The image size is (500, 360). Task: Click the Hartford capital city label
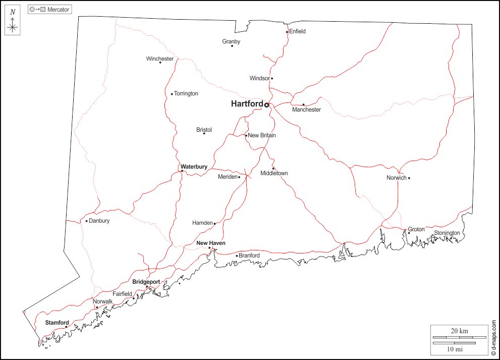coord(247,104)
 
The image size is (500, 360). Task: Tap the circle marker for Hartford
coord(267,105)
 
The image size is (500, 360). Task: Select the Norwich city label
coord(396,178)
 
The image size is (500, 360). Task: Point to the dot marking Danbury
coord(87,221)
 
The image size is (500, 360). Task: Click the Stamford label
coord(57,323)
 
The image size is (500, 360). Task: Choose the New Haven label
coord(211,243)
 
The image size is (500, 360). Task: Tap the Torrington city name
coord(186,94)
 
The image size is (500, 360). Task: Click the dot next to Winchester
coord(160,62)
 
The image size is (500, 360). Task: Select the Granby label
coord(231,41)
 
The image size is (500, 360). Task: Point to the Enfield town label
coord(297,31)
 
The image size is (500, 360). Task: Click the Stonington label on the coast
coord(447,233)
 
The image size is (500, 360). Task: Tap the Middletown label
coord(274,174)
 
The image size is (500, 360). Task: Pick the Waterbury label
coord(194,167)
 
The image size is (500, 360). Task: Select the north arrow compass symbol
coord(13,23)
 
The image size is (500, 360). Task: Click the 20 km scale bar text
coord(459,331)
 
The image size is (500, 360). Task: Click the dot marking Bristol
coord(204,133)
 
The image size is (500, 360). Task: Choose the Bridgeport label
coord(146,282)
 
